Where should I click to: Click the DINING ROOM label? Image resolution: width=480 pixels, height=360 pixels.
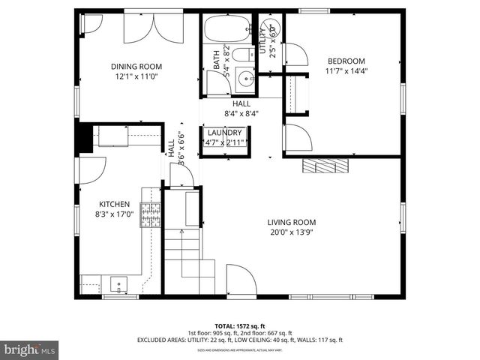137,66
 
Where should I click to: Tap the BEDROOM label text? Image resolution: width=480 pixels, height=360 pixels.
346,61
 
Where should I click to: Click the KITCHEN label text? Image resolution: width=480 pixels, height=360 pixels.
115,204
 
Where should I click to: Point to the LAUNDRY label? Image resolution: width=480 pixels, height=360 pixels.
225,133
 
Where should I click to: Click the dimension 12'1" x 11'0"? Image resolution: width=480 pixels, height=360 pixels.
137,76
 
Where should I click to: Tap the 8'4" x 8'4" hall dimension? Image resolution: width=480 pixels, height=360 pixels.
241,114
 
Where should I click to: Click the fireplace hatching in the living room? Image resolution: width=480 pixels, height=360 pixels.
325,165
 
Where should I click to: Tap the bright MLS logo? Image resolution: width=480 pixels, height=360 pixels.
30,349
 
